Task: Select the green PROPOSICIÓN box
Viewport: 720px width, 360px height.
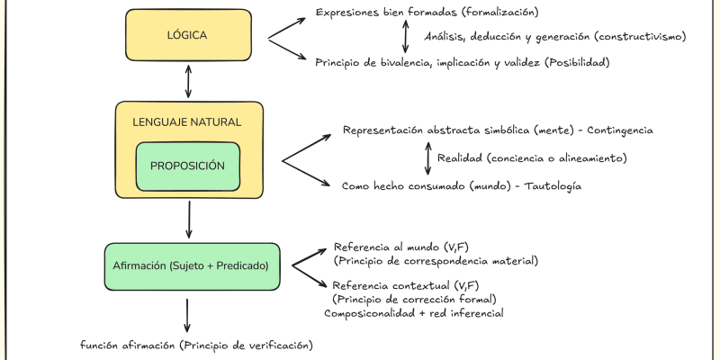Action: point(187,166)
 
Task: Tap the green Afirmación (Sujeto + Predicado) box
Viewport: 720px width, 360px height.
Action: point(191,266)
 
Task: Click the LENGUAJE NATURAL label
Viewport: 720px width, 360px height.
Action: point(187,121)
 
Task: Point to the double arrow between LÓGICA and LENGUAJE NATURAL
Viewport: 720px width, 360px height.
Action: point(187,82)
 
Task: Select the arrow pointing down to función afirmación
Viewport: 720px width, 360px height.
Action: point(187,314)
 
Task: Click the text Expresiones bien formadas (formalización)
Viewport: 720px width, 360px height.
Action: point(427,12)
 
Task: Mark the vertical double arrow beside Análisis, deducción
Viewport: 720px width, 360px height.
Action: point(405,37)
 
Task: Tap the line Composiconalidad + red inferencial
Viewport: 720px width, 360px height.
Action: point(414,313)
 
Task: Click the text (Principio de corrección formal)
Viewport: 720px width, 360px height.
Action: point(415,299)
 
